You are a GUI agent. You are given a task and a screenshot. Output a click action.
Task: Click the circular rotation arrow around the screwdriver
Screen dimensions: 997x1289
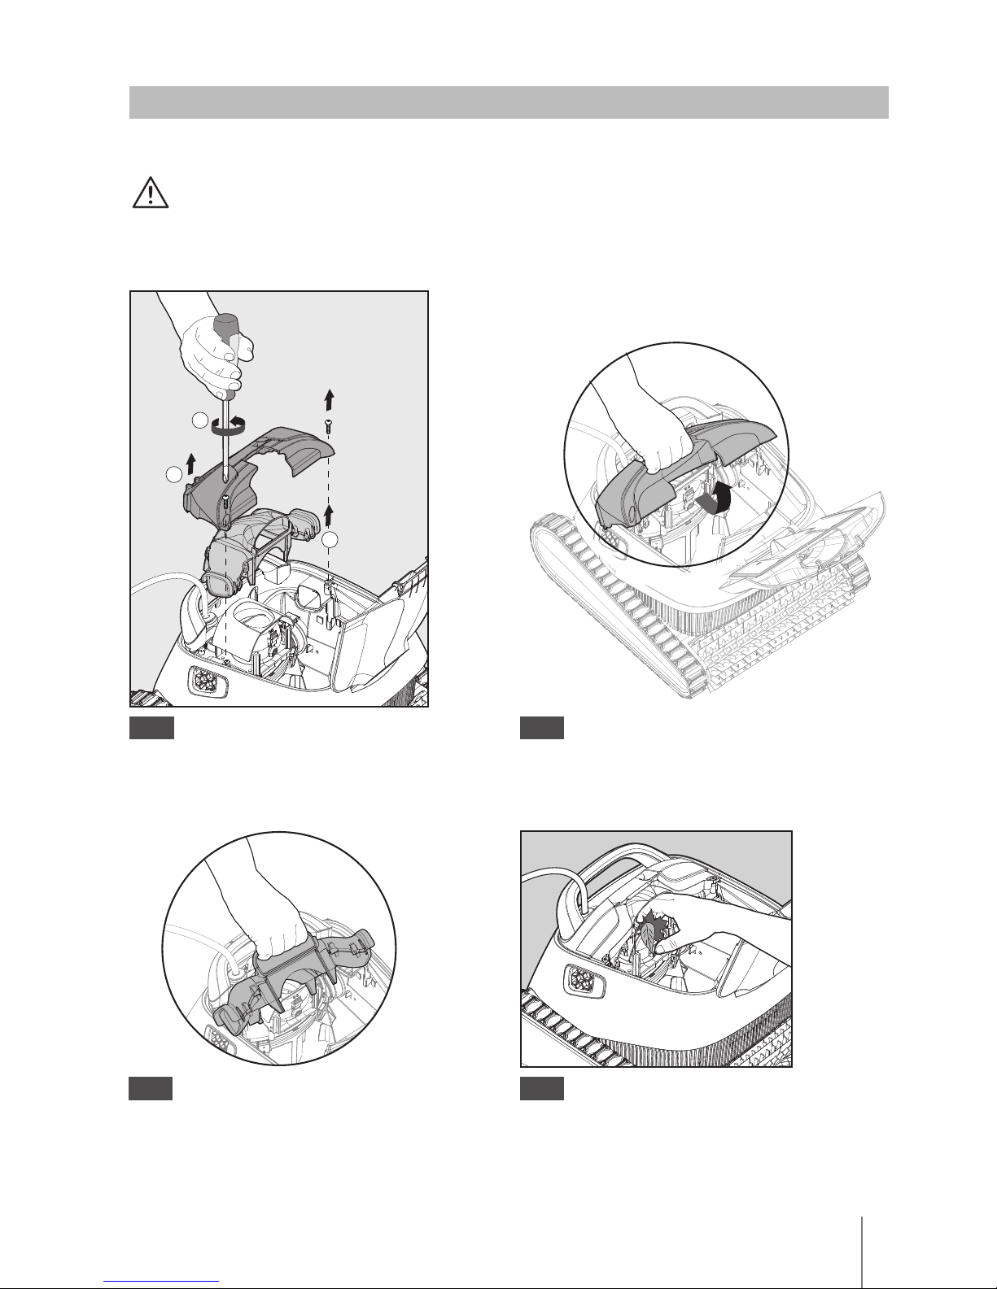229,422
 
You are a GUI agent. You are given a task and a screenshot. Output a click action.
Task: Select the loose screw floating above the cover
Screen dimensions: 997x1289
327,425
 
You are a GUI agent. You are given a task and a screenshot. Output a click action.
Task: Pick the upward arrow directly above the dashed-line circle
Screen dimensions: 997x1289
330,513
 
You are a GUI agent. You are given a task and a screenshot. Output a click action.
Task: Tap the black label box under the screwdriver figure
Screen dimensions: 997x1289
151,728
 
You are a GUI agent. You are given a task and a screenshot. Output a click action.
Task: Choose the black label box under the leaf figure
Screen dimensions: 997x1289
542,1089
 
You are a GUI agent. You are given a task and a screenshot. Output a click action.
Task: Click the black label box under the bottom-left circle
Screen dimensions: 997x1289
151,1089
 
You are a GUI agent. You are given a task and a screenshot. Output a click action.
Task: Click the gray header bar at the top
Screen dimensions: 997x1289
509,102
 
